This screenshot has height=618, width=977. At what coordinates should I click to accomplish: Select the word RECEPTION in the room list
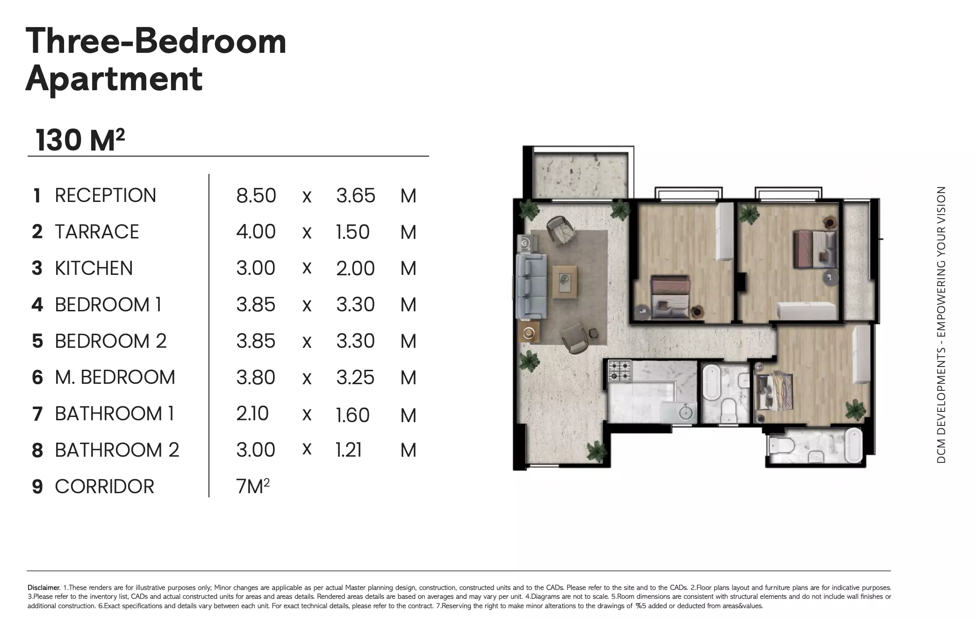[x=105, y=195]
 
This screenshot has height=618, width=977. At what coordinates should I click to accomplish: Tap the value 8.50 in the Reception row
[x=256, y=195]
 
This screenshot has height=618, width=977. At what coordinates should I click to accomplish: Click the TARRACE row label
[x=97, y=232]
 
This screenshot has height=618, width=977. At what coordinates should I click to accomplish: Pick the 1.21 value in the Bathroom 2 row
[x=349, y=450]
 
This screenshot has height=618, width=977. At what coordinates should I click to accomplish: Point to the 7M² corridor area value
[x=253, y=487]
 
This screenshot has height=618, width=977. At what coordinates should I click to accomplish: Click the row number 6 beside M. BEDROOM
[x=37, y=378]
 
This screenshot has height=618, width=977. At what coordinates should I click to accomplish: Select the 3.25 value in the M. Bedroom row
[x=355, y=378]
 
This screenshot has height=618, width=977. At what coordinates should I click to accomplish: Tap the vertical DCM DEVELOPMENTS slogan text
[x=941, y=325]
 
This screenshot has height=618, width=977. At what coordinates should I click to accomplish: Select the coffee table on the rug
[x=565, y=281]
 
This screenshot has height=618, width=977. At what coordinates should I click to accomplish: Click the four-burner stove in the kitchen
[x=619, y=370]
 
